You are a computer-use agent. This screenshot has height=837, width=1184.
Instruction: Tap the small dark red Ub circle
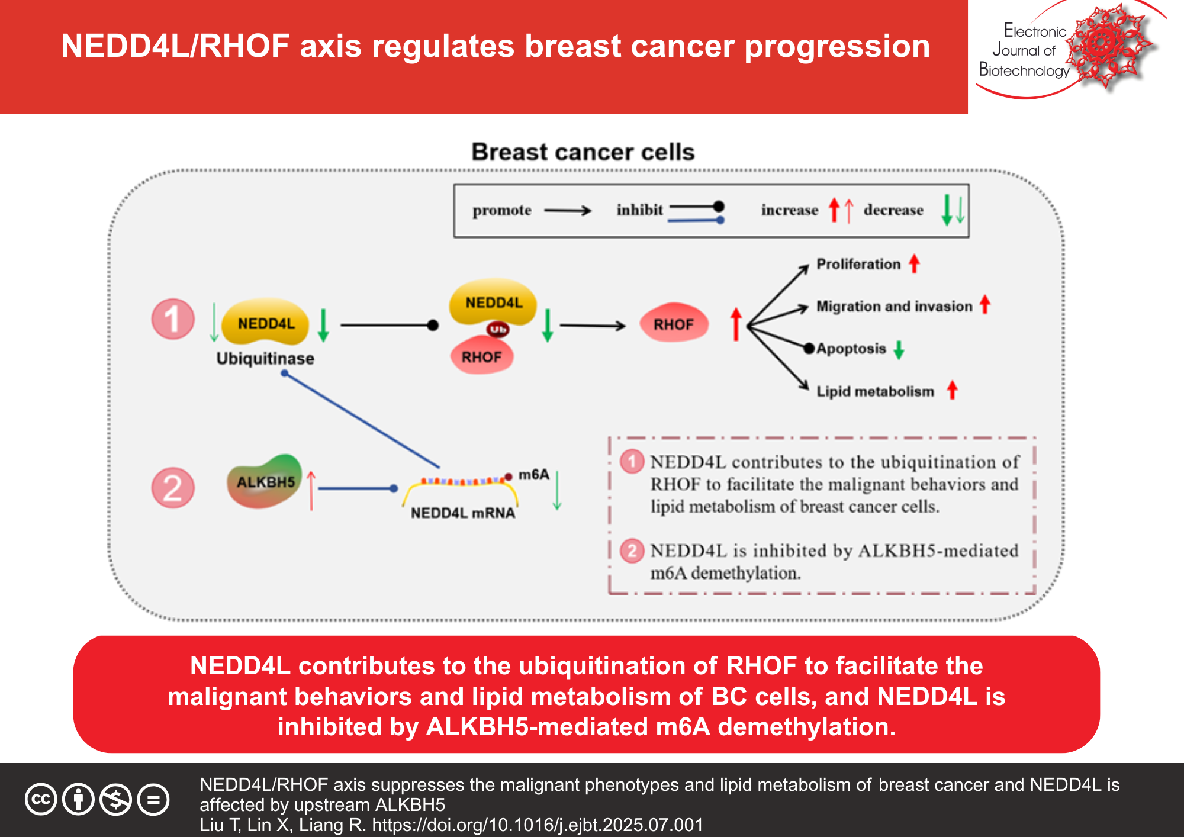498,329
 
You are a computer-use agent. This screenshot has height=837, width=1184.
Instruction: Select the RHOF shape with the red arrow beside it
674,324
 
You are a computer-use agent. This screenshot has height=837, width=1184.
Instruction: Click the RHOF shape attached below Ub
481,356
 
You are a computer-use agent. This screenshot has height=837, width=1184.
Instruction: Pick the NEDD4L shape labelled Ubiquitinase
266,323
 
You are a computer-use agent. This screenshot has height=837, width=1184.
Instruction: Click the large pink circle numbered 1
173,319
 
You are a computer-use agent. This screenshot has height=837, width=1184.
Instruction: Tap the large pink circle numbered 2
173,488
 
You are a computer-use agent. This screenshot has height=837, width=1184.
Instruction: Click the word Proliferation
858,264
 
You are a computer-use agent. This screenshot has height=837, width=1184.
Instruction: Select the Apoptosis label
851,349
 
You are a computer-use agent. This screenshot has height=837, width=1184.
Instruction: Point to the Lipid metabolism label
875,391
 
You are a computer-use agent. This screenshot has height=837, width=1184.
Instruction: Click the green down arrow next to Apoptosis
899,350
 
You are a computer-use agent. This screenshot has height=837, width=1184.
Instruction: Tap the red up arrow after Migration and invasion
984,304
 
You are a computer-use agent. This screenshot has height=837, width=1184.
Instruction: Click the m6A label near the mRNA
533,475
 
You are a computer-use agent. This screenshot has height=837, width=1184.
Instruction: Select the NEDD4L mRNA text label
463,513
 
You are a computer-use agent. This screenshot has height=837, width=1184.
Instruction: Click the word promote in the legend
501,210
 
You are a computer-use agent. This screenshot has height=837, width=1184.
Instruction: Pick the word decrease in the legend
893,210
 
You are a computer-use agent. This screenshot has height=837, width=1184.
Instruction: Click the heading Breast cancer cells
583,152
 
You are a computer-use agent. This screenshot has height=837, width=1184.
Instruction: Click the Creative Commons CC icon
41,800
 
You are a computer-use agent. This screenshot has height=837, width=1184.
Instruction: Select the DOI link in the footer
537,825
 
